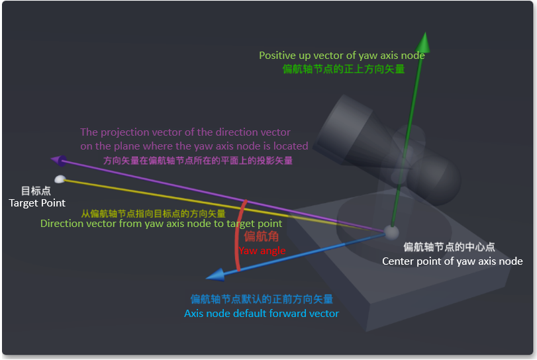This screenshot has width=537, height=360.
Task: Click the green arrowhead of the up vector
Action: tap(424, 44)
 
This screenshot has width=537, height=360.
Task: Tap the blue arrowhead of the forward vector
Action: tap(216, 275)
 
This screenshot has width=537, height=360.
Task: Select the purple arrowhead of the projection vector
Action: tap(58, 161)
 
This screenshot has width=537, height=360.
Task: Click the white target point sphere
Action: tap(60, 179)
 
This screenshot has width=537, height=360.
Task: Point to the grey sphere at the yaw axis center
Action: tap(391, 233)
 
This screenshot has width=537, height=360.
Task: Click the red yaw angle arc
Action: tap(239, 236)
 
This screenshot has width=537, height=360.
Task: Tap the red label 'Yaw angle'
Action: tap(262, 251)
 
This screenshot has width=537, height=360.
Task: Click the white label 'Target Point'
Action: tap(37, 203)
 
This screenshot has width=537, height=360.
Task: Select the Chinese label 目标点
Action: tap(36, 191)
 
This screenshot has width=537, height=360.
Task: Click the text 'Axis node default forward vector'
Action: tap(262, 314)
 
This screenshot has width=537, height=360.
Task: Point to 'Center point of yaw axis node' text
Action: tap(452, 261)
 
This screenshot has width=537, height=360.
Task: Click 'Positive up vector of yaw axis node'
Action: tap(342, 56)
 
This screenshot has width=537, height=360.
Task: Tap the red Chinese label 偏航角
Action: tap(262, 236)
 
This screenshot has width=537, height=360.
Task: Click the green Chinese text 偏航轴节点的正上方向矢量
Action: tap(344, 69)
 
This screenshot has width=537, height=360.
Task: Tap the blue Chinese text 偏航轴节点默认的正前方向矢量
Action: tap(262, 299)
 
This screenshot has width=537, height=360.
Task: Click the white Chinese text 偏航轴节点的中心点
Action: tap(449, 247)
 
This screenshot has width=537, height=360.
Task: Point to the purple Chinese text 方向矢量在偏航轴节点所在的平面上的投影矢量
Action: tap(198, 161)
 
